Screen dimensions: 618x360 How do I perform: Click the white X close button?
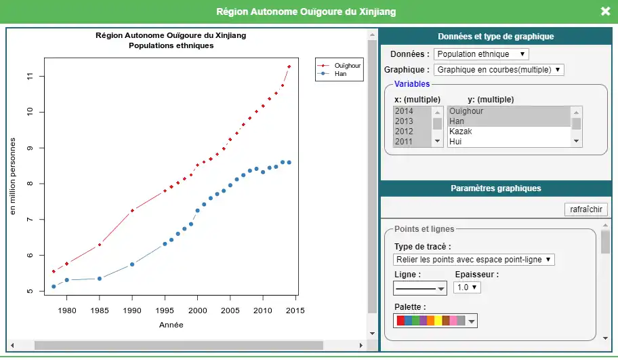tap(605, 11)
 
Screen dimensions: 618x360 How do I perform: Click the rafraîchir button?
tap(585, 209)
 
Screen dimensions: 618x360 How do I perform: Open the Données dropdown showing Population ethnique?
tap(481, 54)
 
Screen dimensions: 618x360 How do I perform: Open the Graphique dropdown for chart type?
tap(499, 70)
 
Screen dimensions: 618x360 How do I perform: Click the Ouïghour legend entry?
tap(347, 66)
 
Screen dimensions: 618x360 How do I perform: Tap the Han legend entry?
tap(341, 74)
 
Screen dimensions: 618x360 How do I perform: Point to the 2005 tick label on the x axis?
tap(230, 311)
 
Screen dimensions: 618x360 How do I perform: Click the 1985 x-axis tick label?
tap(100, 311)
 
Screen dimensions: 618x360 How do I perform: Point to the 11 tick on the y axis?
tap(30, 76)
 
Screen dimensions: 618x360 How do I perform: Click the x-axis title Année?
tap(171, 325)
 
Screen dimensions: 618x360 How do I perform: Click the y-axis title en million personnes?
tap(13, 176)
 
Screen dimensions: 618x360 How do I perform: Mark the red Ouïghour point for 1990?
tap(132, 211)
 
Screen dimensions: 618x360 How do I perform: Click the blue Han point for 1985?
tap(100, 279)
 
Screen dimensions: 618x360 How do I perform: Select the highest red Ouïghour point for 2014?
tap(289, 66)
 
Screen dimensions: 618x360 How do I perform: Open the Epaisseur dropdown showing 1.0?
tap(467, 287)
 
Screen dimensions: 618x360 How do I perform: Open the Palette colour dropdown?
tap(435, 321)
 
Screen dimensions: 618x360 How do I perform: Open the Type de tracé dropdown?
tap(474, 260)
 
